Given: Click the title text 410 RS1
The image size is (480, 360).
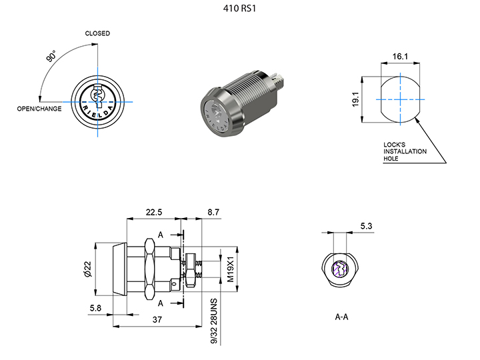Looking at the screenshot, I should (239, 10).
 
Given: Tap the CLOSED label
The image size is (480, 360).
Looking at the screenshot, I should (97, 33).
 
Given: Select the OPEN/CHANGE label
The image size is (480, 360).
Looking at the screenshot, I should (39, 109).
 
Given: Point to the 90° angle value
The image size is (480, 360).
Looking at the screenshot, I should (51, 57).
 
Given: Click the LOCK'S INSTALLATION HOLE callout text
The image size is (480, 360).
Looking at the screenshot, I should (405, 151).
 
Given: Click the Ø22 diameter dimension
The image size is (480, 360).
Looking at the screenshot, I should (87, 269).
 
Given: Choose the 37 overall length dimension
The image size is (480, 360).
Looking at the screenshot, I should (158, 319).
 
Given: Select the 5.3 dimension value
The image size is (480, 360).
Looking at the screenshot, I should (366, 227).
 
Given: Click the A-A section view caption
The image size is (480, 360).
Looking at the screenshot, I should (341, 317).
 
